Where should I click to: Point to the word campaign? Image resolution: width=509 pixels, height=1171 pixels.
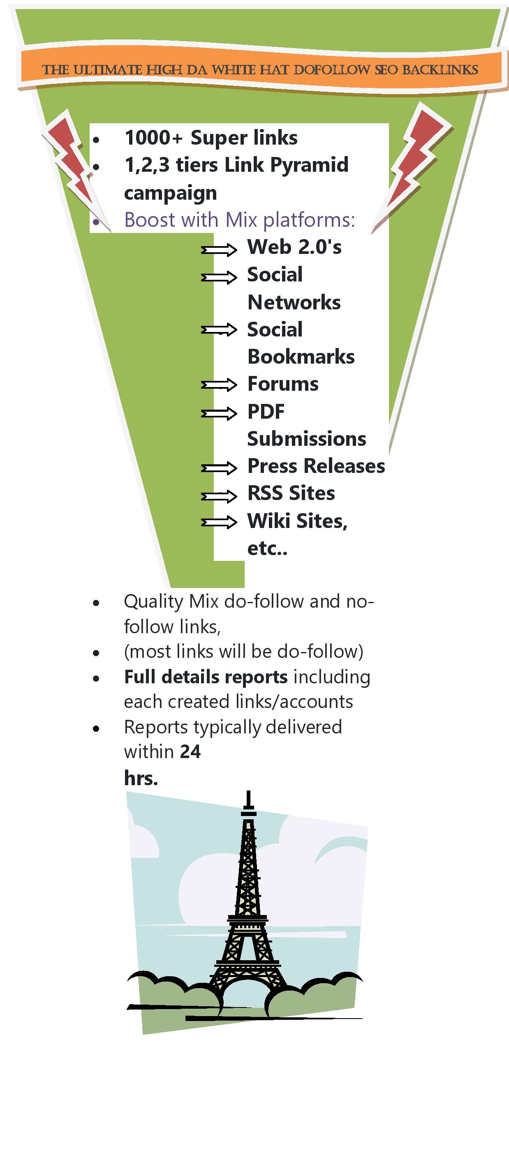(x=170, y=193)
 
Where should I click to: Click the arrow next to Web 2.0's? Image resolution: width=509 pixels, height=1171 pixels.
(x=219, y=249)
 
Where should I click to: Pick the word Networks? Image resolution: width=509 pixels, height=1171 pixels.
(x=294, y=302)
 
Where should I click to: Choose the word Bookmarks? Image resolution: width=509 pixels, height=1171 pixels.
(x=301, y=357)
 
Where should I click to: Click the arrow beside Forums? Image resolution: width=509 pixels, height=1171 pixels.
(x=219, y=385)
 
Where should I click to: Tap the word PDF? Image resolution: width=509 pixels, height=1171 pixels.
(x=266, y=412)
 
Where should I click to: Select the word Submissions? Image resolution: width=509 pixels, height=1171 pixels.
(x=307, y=439)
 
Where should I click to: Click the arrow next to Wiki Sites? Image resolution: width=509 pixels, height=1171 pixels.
(x=219, y=523)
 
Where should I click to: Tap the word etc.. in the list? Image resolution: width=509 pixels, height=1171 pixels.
(x=267, y=549)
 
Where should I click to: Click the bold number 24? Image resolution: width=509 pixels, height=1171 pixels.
(x=190, y=752)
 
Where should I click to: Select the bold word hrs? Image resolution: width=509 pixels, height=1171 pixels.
(x=141, y=778)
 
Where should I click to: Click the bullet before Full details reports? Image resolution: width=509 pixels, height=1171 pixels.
(x=95, y=679)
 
